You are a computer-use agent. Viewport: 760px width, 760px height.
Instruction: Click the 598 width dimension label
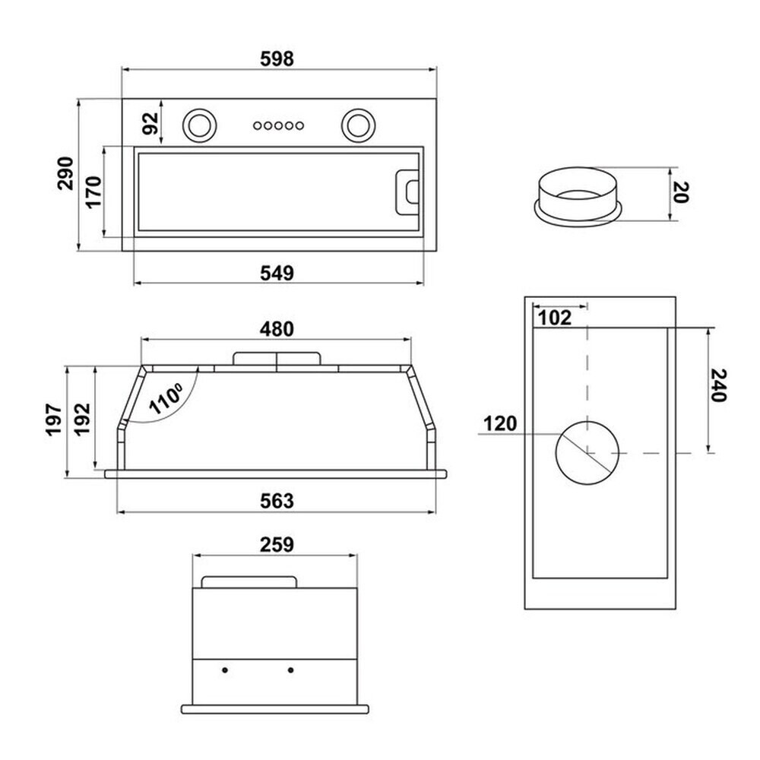point(277,59)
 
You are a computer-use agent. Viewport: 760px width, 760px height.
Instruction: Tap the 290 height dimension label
point(65,173)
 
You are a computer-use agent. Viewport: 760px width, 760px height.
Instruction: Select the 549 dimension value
point(277,274)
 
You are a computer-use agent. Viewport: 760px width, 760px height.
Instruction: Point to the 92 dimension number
point(150,123)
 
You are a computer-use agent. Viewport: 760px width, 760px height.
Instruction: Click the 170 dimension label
point(93,192)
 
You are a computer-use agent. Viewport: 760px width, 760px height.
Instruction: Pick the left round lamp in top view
point(199,125)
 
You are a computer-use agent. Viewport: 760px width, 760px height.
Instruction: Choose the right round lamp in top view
point(358,125)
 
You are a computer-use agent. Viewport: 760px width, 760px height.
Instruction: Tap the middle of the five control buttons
point(278,125)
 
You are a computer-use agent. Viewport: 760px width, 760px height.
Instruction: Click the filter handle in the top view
point(407,192)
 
